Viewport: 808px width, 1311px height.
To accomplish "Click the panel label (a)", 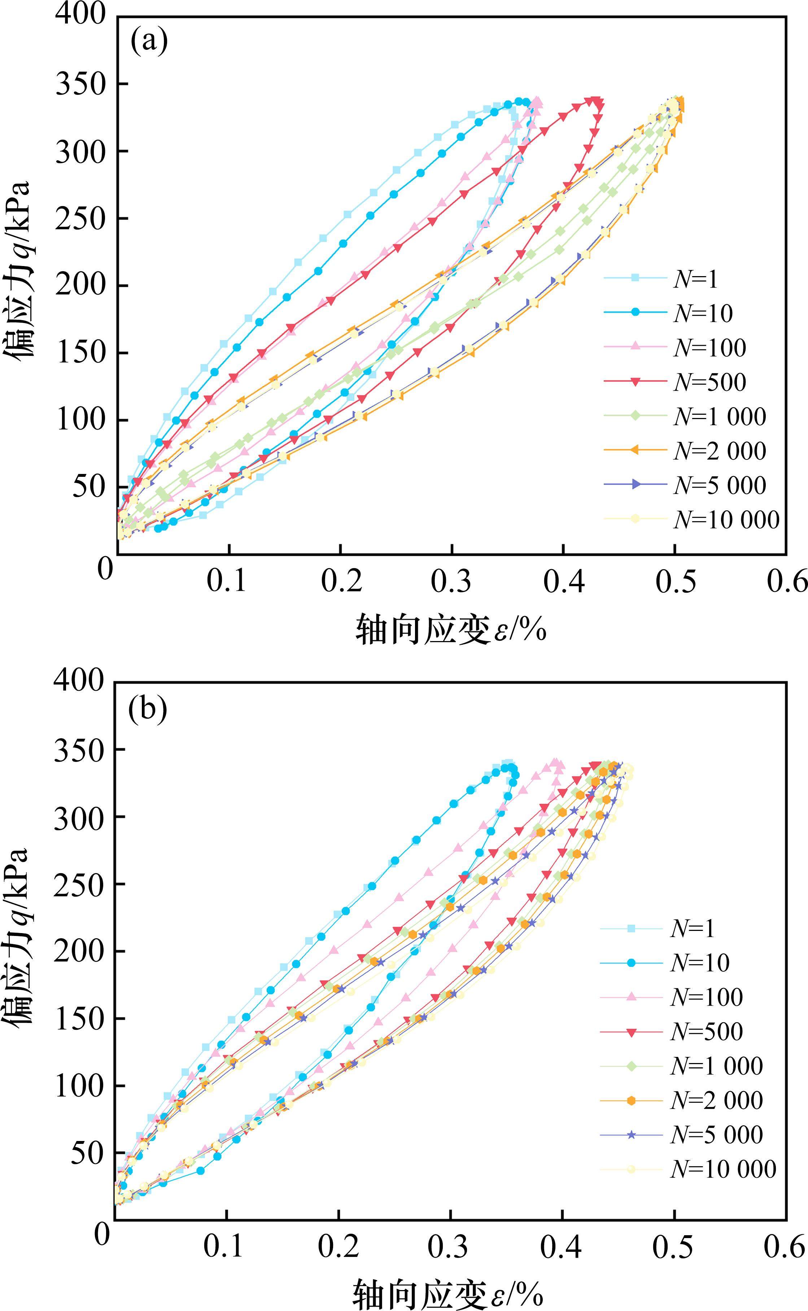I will (x=149, y=41).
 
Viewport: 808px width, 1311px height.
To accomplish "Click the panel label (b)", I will (x=148, y=709).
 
